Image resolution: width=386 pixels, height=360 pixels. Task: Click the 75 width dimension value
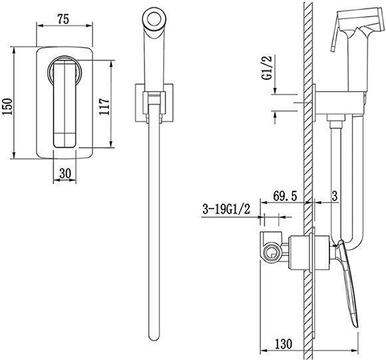click(x=63, y=19)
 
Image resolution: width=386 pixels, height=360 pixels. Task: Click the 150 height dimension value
click(x=7, y=106)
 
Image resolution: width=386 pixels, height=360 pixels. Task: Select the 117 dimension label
click(x=104, y=106)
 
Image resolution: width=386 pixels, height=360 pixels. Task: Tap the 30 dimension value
click(x=65, y=173)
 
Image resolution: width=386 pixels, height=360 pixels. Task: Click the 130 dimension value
click(x=283, y=344)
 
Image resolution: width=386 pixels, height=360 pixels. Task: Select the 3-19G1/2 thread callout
click(x=226, y=210)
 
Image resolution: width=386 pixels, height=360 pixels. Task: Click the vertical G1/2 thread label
click(x=267, y=67)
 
